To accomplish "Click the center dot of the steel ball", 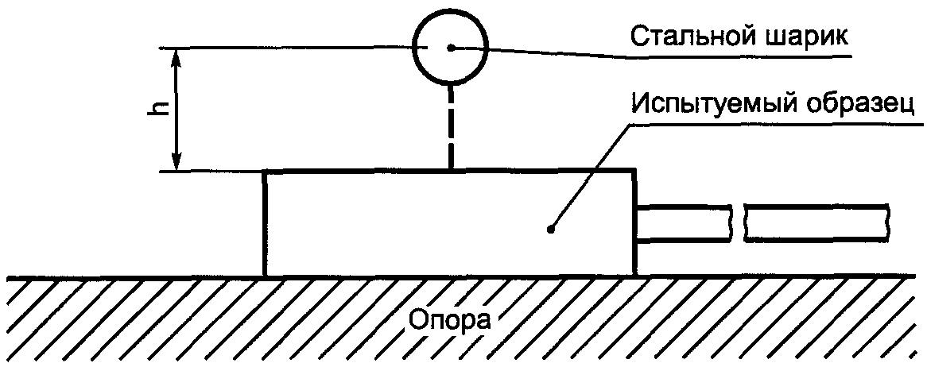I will [x=451, y=48].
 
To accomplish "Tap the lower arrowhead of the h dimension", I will [x=177, y=162].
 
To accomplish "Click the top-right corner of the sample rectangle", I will [x=634, y=171].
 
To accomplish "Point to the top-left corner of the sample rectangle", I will [x=264, y=171].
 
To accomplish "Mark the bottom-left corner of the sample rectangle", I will [x=264, y=276].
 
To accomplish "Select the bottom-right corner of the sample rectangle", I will [x=634, y=276].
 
